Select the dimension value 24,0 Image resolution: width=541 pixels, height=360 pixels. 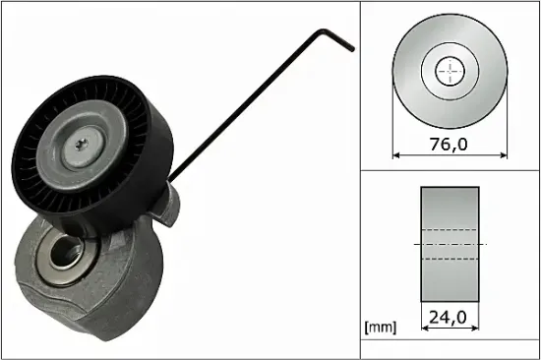451,317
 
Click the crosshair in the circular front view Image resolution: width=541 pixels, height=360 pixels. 451,70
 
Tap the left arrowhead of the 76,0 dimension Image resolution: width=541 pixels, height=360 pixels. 396,154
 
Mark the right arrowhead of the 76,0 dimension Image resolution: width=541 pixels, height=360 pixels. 505,154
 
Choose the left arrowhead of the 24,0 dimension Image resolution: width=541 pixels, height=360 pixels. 424,330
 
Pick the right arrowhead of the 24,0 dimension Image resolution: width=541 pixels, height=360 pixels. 477,330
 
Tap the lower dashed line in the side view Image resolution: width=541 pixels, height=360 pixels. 451,257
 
